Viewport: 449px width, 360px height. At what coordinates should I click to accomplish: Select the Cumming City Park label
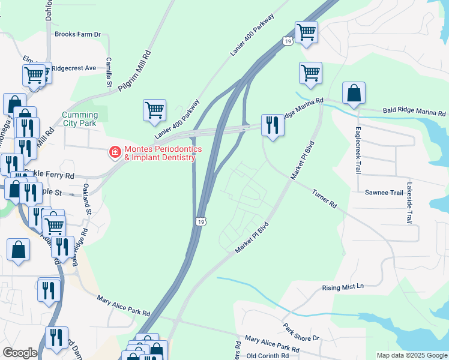click(80, 119)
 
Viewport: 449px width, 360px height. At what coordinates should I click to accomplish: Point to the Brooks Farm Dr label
click(77, 35)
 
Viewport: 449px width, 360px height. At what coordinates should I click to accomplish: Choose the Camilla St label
click(109, 72)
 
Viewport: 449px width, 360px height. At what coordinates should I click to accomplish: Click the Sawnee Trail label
click(384, 193)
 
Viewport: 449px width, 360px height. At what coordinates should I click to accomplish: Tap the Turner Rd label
click(324, 199)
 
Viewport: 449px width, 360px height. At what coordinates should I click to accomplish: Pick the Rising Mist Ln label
click(343, 287)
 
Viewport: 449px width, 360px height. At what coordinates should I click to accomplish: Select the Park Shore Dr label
click(301, 334)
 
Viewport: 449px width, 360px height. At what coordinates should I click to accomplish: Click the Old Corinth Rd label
click(268, 356)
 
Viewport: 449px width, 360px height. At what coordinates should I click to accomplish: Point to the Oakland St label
click(88, 203)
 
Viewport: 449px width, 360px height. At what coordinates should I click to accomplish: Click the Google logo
click(20, 353)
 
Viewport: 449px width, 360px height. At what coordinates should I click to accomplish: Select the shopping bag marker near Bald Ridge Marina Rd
click(354, 94)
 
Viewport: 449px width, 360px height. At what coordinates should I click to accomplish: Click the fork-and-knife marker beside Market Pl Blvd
click(273, 125)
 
